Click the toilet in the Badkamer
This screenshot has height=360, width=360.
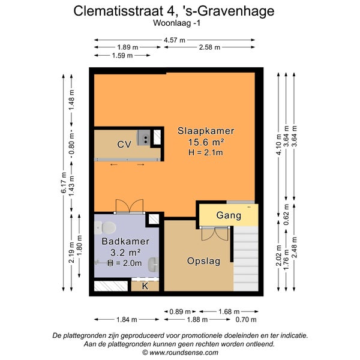click(x=105, y=227)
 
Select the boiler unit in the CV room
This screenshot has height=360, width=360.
click(x=144, y=137)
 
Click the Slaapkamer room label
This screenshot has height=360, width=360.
click(x=206, y=131)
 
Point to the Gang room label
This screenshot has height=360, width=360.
click(x=229, y=215)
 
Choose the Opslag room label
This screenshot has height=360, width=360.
click(x=203, y=261)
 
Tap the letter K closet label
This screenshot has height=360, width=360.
click(x=145, y=286)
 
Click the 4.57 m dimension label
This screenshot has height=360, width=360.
click(x=175, y=40)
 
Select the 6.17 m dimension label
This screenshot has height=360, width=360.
click(x=64, y=182)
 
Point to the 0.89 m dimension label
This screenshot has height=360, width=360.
click(x=180, y=311)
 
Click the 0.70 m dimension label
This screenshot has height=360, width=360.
click(x=246, y=319)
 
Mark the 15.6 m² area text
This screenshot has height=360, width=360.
click(x=206, y=142)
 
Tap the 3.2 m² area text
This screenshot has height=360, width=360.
click(x=125, y=253)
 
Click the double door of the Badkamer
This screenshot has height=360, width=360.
click(x=130, y=206)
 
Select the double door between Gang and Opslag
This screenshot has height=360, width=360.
click(x=215, y=233)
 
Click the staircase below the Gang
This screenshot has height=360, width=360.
click(x=246, y=259)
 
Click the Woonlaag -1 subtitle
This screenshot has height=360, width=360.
click(x=177, y=23)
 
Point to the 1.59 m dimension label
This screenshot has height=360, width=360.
click(x=122, y=55)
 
